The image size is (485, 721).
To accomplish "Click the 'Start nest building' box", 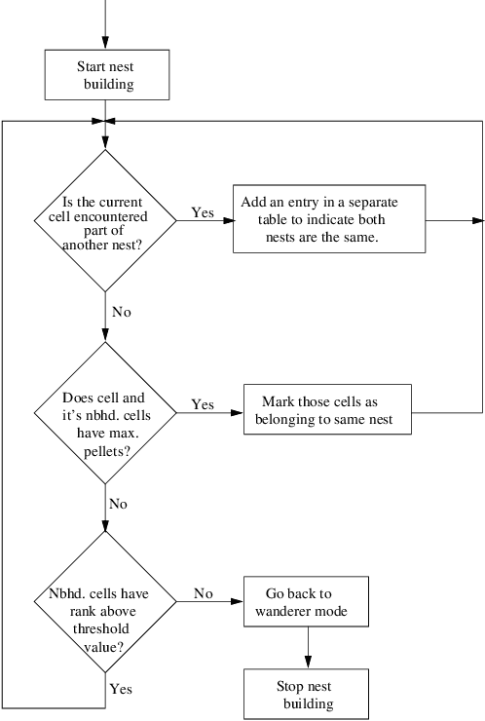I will pyautogui.click(x=107, y=75).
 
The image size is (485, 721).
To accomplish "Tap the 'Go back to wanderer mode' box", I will pyautogui.click(x=307, y=602).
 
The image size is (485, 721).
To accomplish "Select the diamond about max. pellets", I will pyautogui.click(x=105, y=414).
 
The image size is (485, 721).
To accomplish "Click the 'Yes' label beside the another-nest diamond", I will pyautogui.click(x=203, y=212).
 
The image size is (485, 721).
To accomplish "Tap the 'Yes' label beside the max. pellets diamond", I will pyautogui.click(x=203, y=403).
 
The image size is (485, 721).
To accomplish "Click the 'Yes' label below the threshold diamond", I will pyautogui.click(x=122, y=688).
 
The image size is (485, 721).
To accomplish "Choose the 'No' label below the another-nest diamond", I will pyautogui.click(x=122, y=312).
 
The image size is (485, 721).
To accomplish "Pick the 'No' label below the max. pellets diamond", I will pyautogui.click(x=119, y=504).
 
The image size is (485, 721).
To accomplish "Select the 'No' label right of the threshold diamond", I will pyautogui.click(x=203, y=592).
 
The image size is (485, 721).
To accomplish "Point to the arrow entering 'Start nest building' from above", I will pyautogui.click(x=107, y=24).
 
